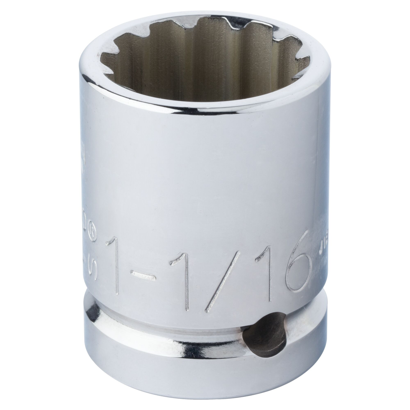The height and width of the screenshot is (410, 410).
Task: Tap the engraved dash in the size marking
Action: tap(143, 275)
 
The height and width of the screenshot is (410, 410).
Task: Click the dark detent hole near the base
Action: tap(265, 335)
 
